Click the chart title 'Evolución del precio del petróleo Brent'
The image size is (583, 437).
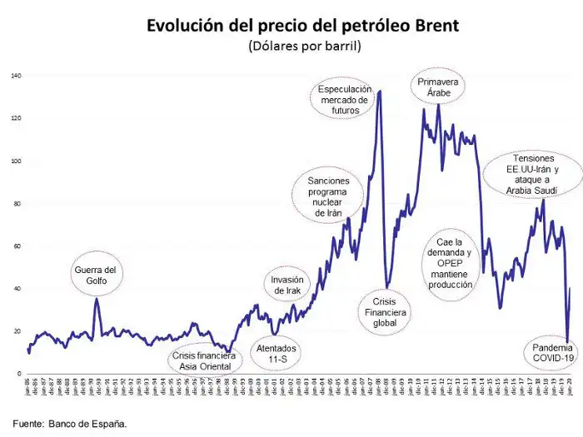tap(302, 25)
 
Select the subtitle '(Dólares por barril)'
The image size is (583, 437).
tap(303, 47)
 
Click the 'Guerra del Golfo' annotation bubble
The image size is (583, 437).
tap(97, 276)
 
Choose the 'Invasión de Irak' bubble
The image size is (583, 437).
tap(287, 286)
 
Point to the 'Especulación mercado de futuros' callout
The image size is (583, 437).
tap(344, 98)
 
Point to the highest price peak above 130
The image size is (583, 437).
tap(380, 92)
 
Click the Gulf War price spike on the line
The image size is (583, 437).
tap(97, 299)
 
